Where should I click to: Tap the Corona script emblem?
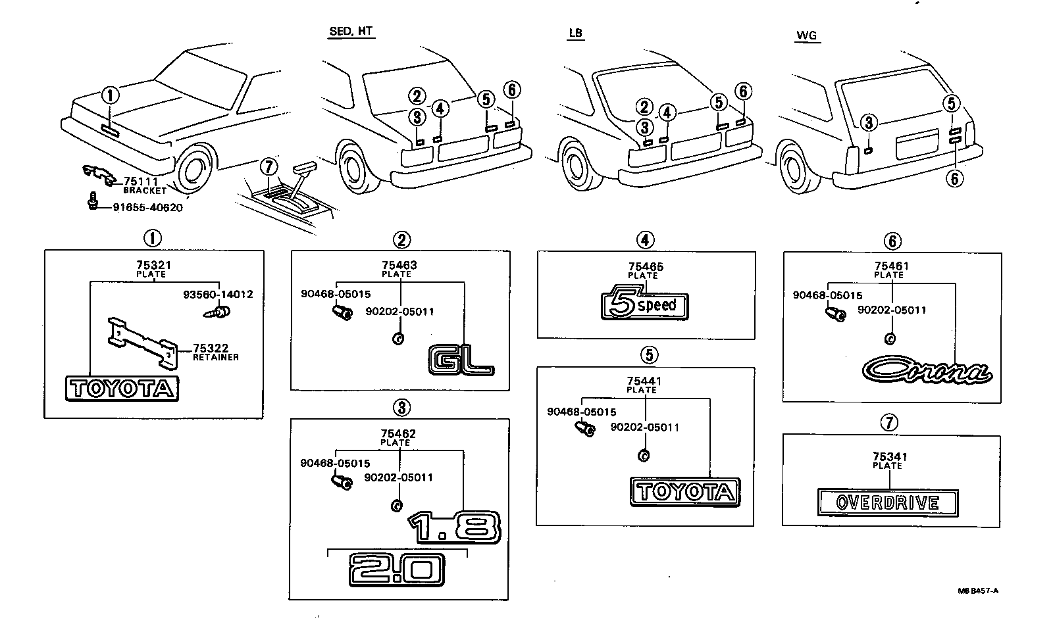coord(927,370)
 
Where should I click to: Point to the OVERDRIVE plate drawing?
coord(887,503)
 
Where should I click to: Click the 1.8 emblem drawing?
coord(455,526)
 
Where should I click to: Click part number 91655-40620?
coord(147,208)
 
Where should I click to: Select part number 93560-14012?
coord(218,295)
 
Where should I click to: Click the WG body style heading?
coord(806,36)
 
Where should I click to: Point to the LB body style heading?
coord(575,33)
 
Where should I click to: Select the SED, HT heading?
coord(351,32)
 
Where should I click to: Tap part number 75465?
coord(646,267)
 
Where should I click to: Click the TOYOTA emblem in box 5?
coord(684,492)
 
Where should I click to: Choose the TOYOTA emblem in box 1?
coord(122,389)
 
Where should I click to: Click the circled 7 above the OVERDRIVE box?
coord(889,422)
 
